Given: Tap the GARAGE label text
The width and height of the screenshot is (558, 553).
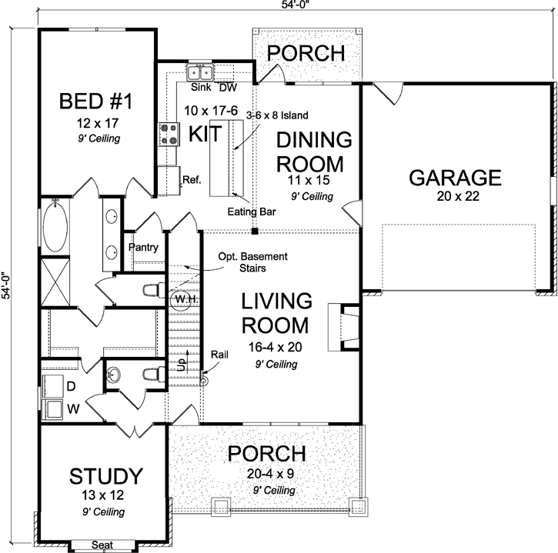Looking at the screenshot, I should pos(455,178).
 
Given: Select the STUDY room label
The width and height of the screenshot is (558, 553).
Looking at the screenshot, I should pos(106,475).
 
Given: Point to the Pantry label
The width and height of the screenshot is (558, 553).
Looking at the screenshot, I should pos(143,248).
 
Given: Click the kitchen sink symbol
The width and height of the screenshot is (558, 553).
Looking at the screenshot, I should pos(199,74).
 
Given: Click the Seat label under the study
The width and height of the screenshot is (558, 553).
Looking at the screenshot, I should pos(102,545).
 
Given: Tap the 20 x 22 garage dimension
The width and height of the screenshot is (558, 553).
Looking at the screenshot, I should pos(455,198).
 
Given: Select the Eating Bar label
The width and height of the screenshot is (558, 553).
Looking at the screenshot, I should pos(248,210).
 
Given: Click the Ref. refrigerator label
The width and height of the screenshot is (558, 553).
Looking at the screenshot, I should pos(192,180).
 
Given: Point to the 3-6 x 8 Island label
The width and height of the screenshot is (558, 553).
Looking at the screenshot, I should pos(277,115).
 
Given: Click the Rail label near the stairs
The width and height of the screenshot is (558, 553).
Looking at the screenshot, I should pos(219,355).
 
